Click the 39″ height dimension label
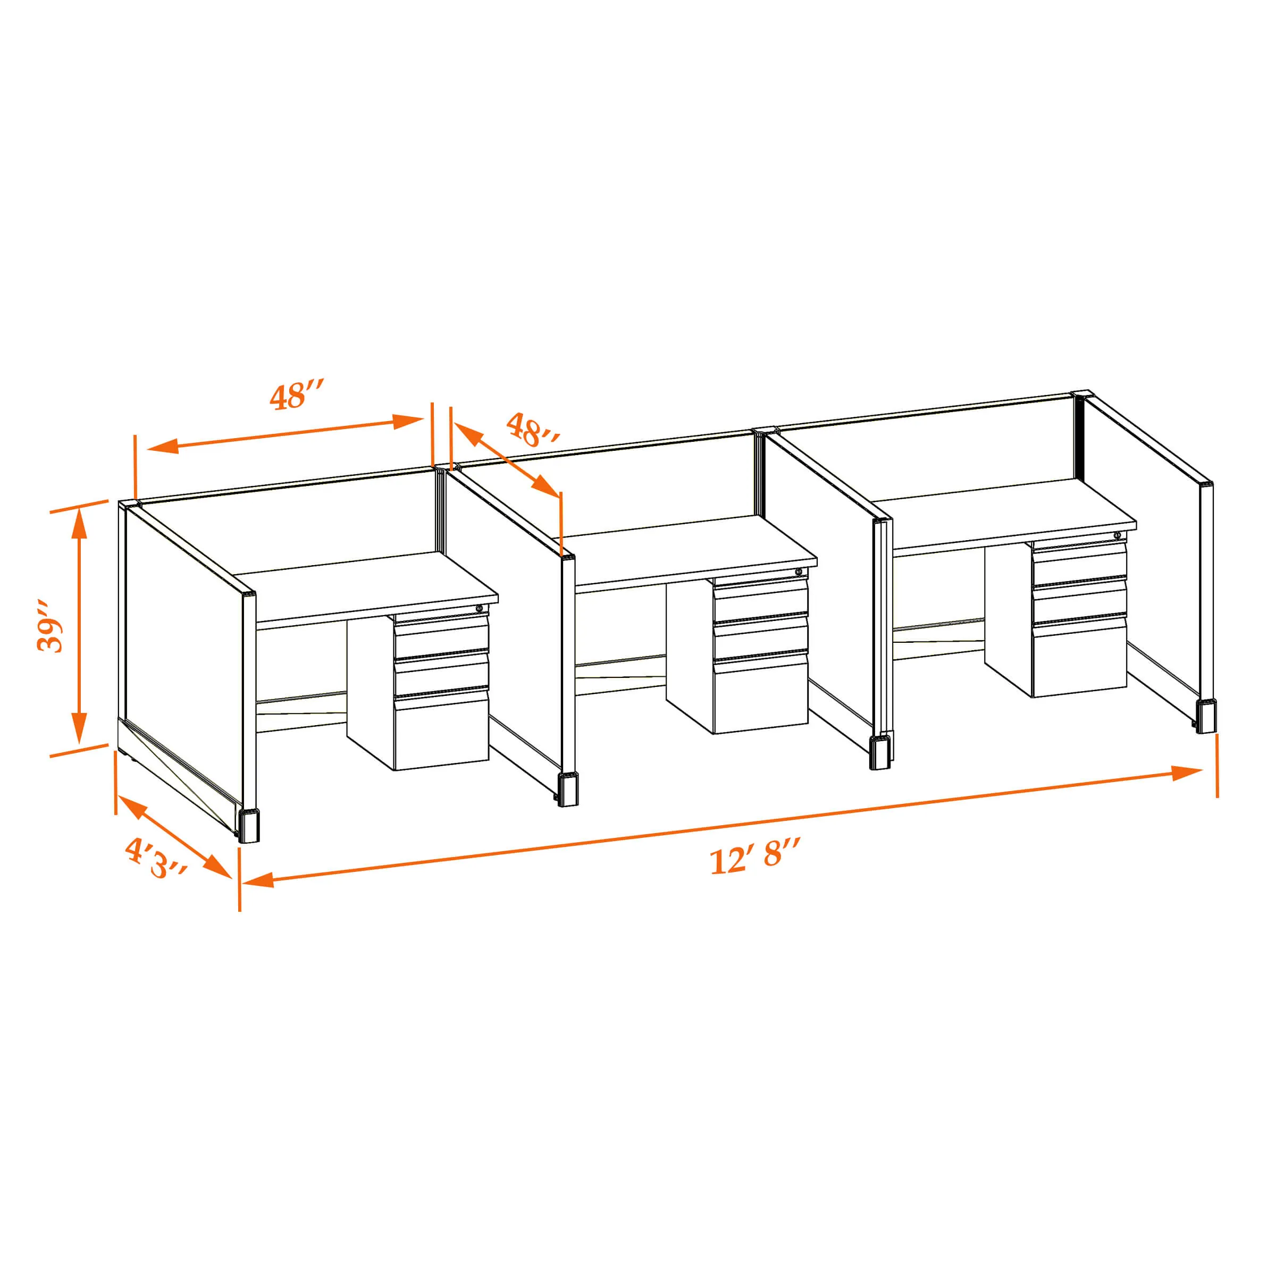pyautogui.click(x=51, y=626)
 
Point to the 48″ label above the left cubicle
pyautogui.click(x=297, y=395)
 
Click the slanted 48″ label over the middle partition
pyautogui.click(x=533, y=429)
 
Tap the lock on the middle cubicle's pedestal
pyautogui.click(x=799, y=572)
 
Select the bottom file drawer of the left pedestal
pyautogui.click(x=441, y=731)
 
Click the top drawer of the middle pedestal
pyautogui.click(x=761, y=598)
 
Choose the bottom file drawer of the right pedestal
pyautogui.click(x=1080, y=657)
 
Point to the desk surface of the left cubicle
pyautogui.click(x=366, y=586)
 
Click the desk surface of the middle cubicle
pyautogui.click(x=690, y=550)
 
